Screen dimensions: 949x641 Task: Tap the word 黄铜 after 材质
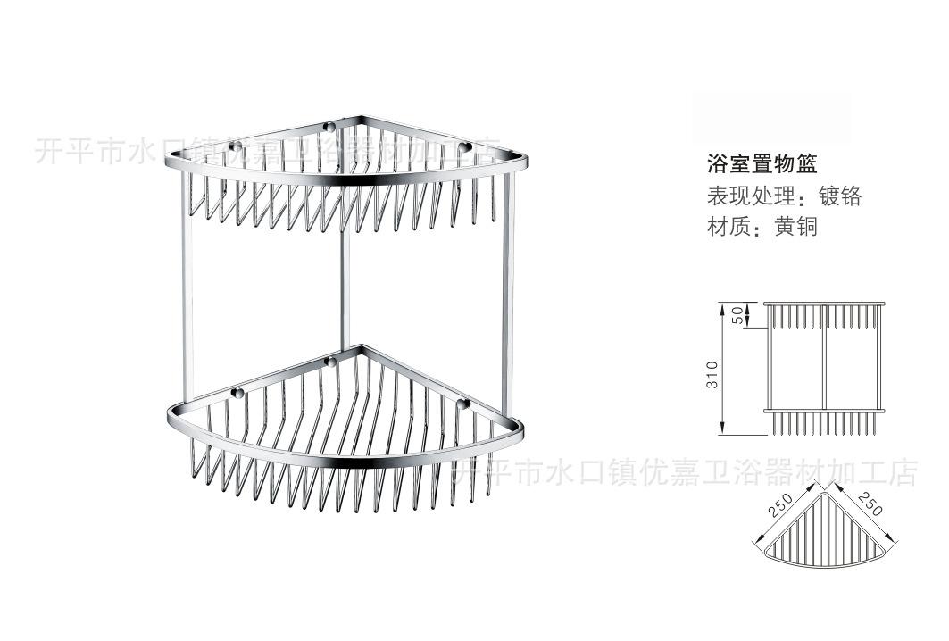[x=797, y=226]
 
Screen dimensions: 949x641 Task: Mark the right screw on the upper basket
[x=465, y=146]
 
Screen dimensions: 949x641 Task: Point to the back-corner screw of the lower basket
[x=329, y=362]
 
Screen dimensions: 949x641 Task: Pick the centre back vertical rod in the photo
[x=342, y=286]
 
